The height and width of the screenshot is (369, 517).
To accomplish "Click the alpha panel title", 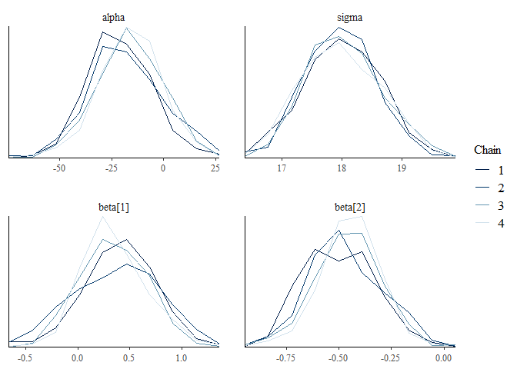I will pyautogui.click(x=114, y=17).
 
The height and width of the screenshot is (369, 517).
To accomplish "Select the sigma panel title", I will pyautogui.click(x=349, y=17).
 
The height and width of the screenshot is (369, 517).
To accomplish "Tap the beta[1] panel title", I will pyautogui.click(x=114, y=206).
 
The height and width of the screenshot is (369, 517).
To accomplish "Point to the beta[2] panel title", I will pyautogui.click(x=349, y=206).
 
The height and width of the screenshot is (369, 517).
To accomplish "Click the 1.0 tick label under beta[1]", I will pyautogui.click(x=181, y=357).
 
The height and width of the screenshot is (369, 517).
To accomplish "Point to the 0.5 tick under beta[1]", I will pyautogui.click(x=129, y=357).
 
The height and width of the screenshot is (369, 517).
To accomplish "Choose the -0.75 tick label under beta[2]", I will pyautogui.click(x=287, y=357).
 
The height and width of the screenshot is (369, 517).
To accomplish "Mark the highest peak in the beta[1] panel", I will pyautogui.click(x=102, y=216).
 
